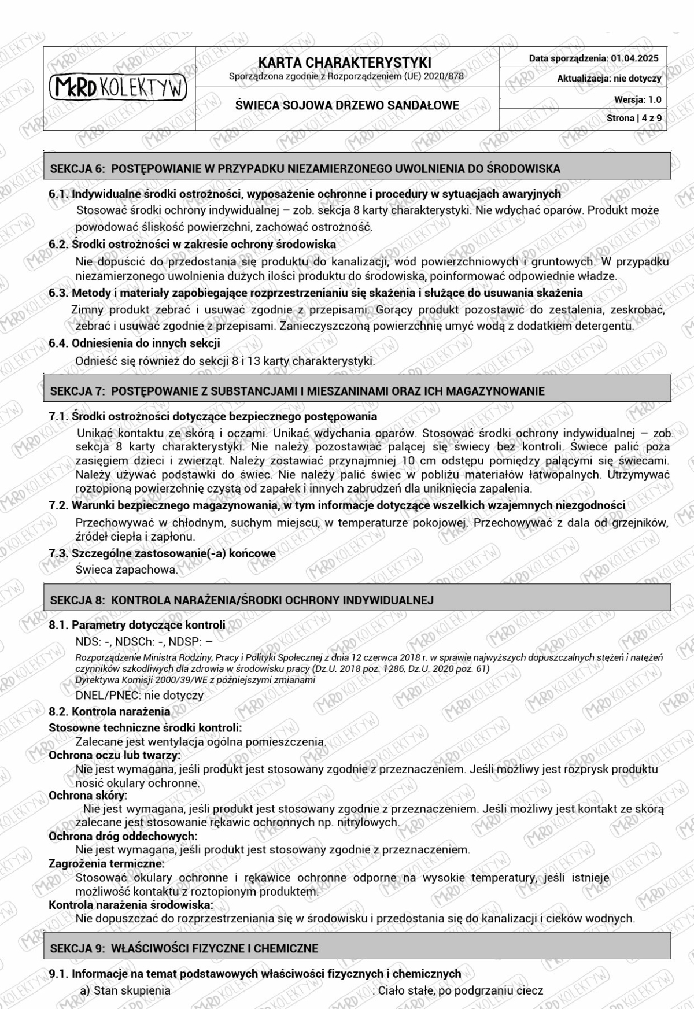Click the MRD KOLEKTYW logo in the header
point(119,87)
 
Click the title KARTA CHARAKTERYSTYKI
point(345,62)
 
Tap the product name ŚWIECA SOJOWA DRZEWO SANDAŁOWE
point(347,105)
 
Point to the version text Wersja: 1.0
point(637,99)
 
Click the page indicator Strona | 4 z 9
point(634,119)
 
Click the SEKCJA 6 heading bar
point(357,169)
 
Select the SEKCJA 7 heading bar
point(357,391)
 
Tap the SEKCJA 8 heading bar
point(357,600)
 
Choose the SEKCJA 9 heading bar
point(357,949)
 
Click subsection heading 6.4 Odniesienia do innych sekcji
point(134,343)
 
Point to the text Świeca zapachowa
point(126,570)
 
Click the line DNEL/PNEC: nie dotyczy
point(139,696)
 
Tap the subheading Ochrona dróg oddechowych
point(123,836)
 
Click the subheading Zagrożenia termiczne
point(106,864)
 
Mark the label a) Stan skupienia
point(125,990)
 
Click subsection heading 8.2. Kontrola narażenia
point(109,712)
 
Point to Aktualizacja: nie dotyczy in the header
point(608,79)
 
